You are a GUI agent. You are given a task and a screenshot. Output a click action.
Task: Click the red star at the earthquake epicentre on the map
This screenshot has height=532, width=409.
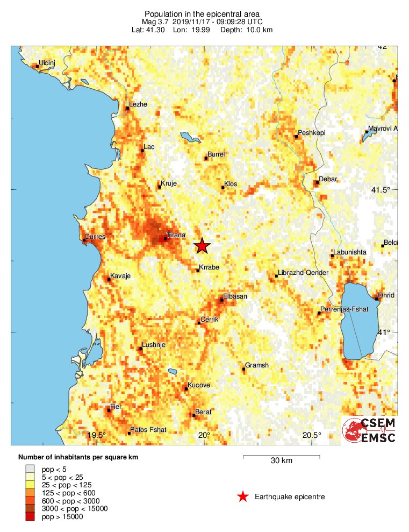coord(202,245)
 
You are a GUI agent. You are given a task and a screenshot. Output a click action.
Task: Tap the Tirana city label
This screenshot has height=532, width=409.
coord(176,235)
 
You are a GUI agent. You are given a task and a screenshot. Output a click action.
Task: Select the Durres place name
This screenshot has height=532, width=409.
coord(95,236)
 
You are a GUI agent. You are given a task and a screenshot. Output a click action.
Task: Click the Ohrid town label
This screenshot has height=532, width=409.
coord(386,295)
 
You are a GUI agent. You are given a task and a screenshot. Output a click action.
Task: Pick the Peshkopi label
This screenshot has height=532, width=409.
coord(312,133)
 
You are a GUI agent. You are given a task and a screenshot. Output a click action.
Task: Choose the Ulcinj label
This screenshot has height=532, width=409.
coord(47,63)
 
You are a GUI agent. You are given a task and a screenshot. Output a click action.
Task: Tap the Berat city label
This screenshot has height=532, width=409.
coord(203,412)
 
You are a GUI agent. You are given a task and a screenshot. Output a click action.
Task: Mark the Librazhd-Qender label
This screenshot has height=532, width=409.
coord(304,273)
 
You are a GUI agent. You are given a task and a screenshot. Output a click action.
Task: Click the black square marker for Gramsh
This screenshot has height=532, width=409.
coord(244,369)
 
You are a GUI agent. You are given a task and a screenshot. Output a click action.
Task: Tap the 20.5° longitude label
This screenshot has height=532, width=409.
coord(312,435)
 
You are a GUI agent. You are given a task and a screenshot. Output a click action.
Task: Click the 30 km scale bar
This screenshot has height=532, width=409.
coord(282,457)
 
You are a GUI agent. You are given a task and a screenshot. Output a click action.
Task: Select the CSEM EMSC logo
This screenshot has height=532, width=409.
coord(370,430)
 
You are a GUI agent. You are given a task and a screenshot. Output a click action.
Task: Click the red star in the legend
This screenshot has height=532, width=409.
coord(243,496)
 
